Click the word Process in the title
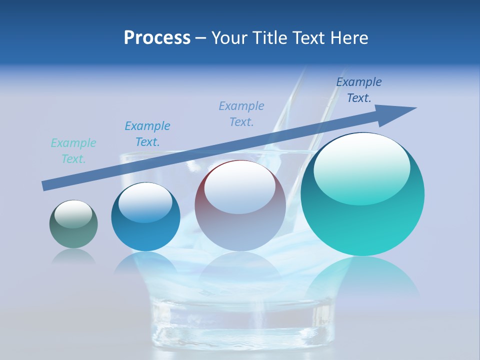(x=157, y=38)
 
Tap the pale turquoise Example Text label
(x=73, y=151)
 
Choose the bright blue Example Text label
(x=147, y=134)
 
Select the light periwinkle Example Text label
(x=241, y=114)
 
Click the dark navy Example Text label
(x=359, y=90)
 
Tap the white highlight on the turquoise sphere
(x=362, y=169)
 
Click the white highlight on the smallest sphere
(x=73, y=214)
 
